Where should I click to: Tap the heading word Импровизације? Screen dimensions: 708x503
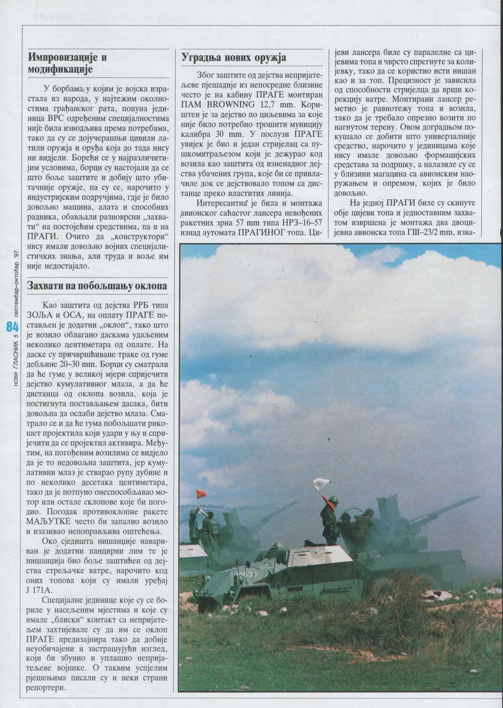(67, 56)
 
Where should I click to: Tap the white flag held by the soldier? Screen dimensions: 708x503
(320, 484)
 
